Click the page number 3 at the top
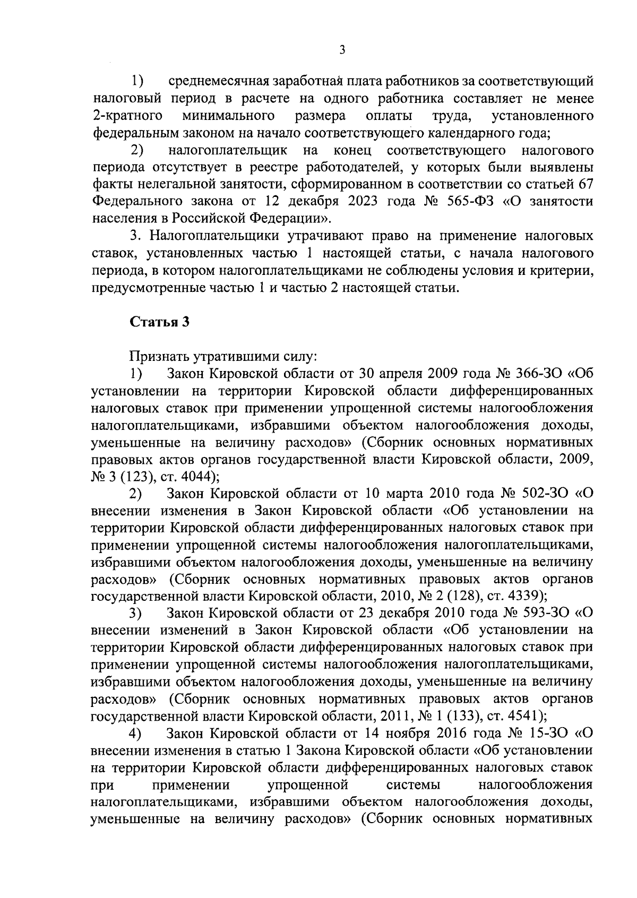tap(342, 49)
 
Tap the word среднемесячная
tap(221, 82)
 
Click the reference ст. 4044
tap(193, 476)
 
